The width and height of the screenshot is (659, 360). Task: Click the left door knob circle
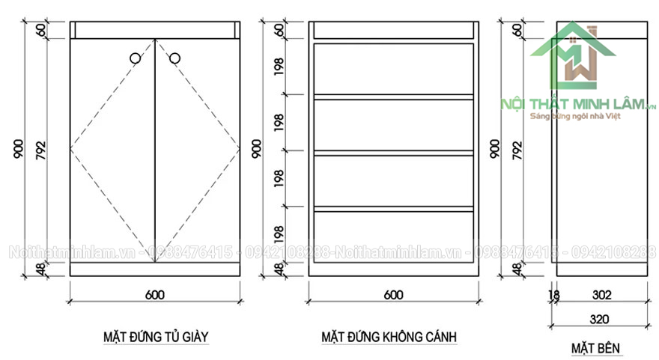click(x=135, y=58)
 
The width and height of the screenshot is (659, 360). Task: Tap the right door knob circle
click(x=175, y=58)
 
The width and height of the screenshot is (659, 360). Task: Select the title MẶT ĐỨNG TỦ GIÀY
click(x=156, y=337)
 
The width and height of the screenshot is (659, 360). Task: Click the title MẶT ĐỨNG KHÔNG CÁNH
click(x=389, y=337)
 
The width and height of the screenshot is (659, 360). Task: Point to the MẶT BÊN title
click(x=597, y=348)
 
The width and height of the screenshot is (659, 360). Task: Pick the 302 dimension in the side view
click(x=601, y=296)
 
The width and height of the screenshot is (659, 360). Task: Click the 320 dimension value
click(x=599, y=319)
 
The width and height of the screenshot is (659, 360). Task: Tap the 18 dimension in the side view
click(x=554, y=296)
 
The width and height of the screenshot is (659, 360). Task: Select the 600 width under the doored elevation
click(x=154, y=295)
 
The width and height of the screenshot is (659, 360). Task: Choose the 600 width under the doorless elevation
click(x=393, y=295)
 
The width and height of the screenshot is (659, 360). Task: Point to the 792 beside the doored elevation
click(x=40, y=150)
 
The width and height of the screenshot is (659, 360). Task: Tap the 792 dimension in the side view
click(x=517, y=150)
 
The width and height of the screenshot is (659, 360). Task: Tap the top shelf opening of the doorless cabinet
click(x=394, y=68)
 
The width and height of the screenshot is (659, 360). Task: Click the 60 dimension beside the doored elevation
click(x=40, y=30)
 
